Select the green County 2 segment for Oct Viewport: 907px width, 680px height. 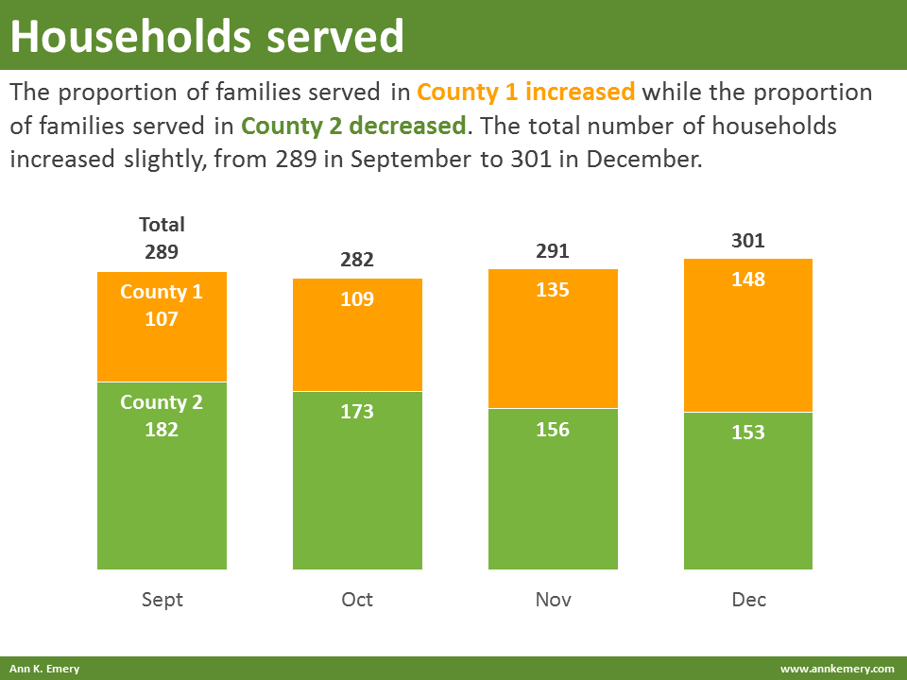point(357,491)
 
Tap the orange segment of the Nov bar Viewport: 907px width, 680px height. point(553,349)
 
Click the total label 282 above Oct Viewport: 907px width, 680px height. point(357,261)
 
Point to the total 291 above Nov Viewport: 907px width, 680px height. point(553,251)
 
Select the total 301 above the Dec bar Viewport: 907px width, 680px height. point(748,241)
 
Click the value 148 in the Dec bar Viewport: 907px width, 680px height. point(748,280)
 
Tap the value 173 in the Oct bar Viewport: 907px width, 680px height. point(357,412)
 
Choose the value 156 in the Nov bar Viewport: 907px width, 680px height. point(553,430)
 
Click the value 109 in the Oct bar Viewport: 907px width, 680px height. point(357,299)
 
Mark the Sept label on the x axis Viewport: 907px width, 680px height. point(162,600)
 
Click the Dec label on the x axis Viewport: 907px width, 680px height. point(748,600)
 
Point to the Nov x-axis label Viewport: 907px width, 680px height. point(553,600)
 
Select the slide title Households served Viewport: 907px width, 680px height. point(207,36)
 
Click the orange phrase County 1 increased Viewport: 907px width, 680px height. point(525,93)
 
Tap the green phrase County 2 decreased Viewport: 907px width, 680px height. point(353,126)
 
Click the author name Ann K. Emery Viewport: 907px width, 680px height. point(44,669)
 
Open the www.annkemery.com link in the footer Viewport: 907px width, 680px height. point(836,669)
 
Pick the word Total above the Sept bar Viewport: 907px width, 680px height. point(162,225)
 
